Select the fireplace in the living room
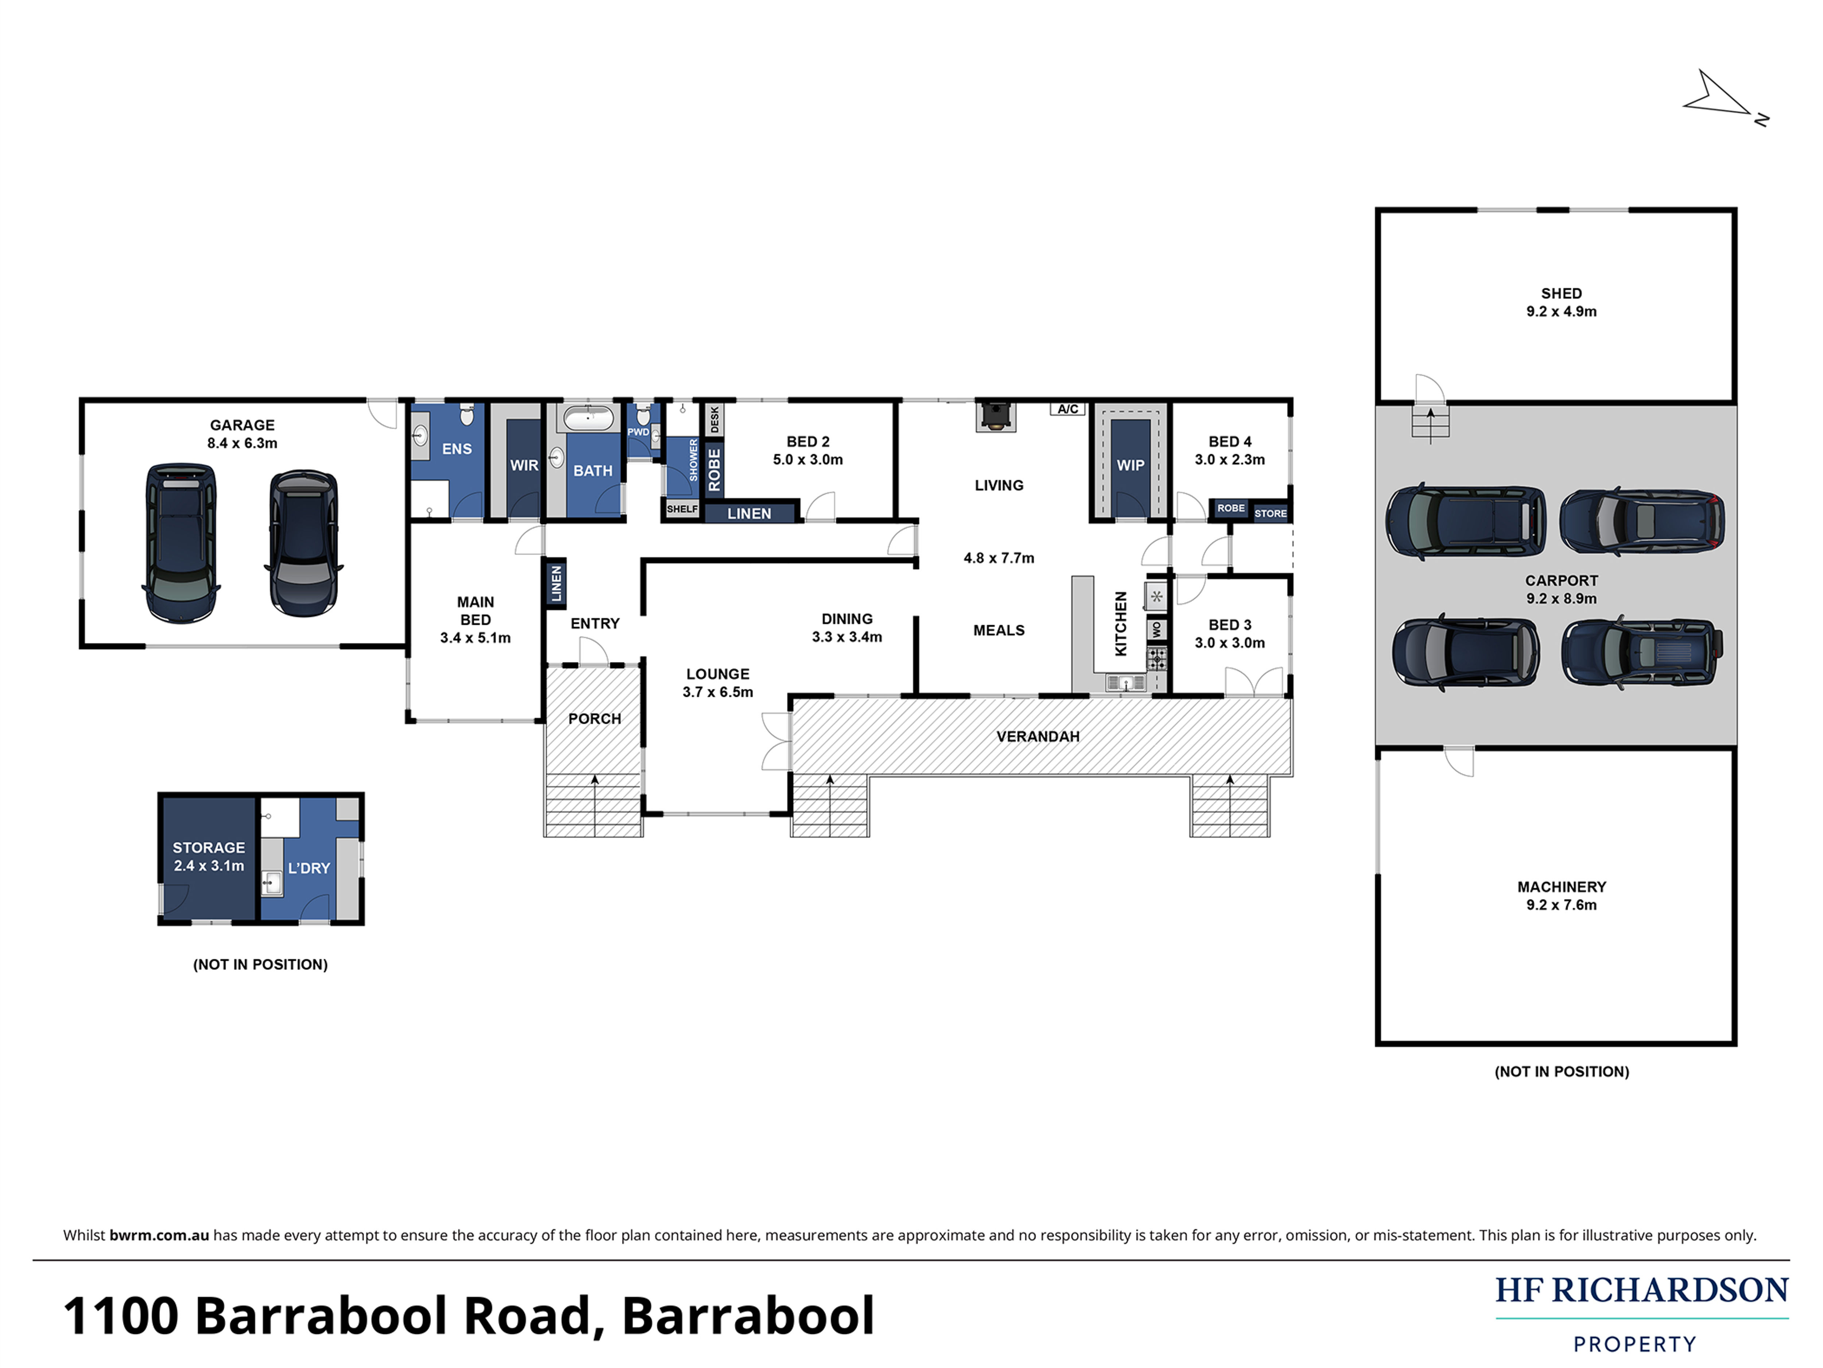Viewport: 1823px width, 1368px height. coord(996,416)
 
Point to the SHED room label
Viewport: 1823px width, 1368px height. coord(1561,293)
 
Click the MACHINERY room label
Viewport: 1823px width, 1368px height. coord(1562,887)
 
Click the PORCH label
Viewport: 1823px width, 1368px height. coord(594,718)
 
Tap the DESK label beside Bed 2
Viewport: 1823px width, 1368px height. coord(714,419)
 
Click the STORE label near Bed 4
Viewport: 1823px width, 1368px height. coord(1270,514)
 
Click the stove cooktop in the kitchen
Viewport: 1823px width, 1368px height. coord(1157,658)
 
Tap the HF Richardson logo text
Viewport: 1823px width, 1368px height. coord(1642,1291)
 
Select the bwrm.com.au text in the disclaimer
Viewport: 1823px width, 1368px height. coord(159,1235)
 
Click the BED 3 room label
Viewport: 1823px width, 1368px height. coord(1230,625)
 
